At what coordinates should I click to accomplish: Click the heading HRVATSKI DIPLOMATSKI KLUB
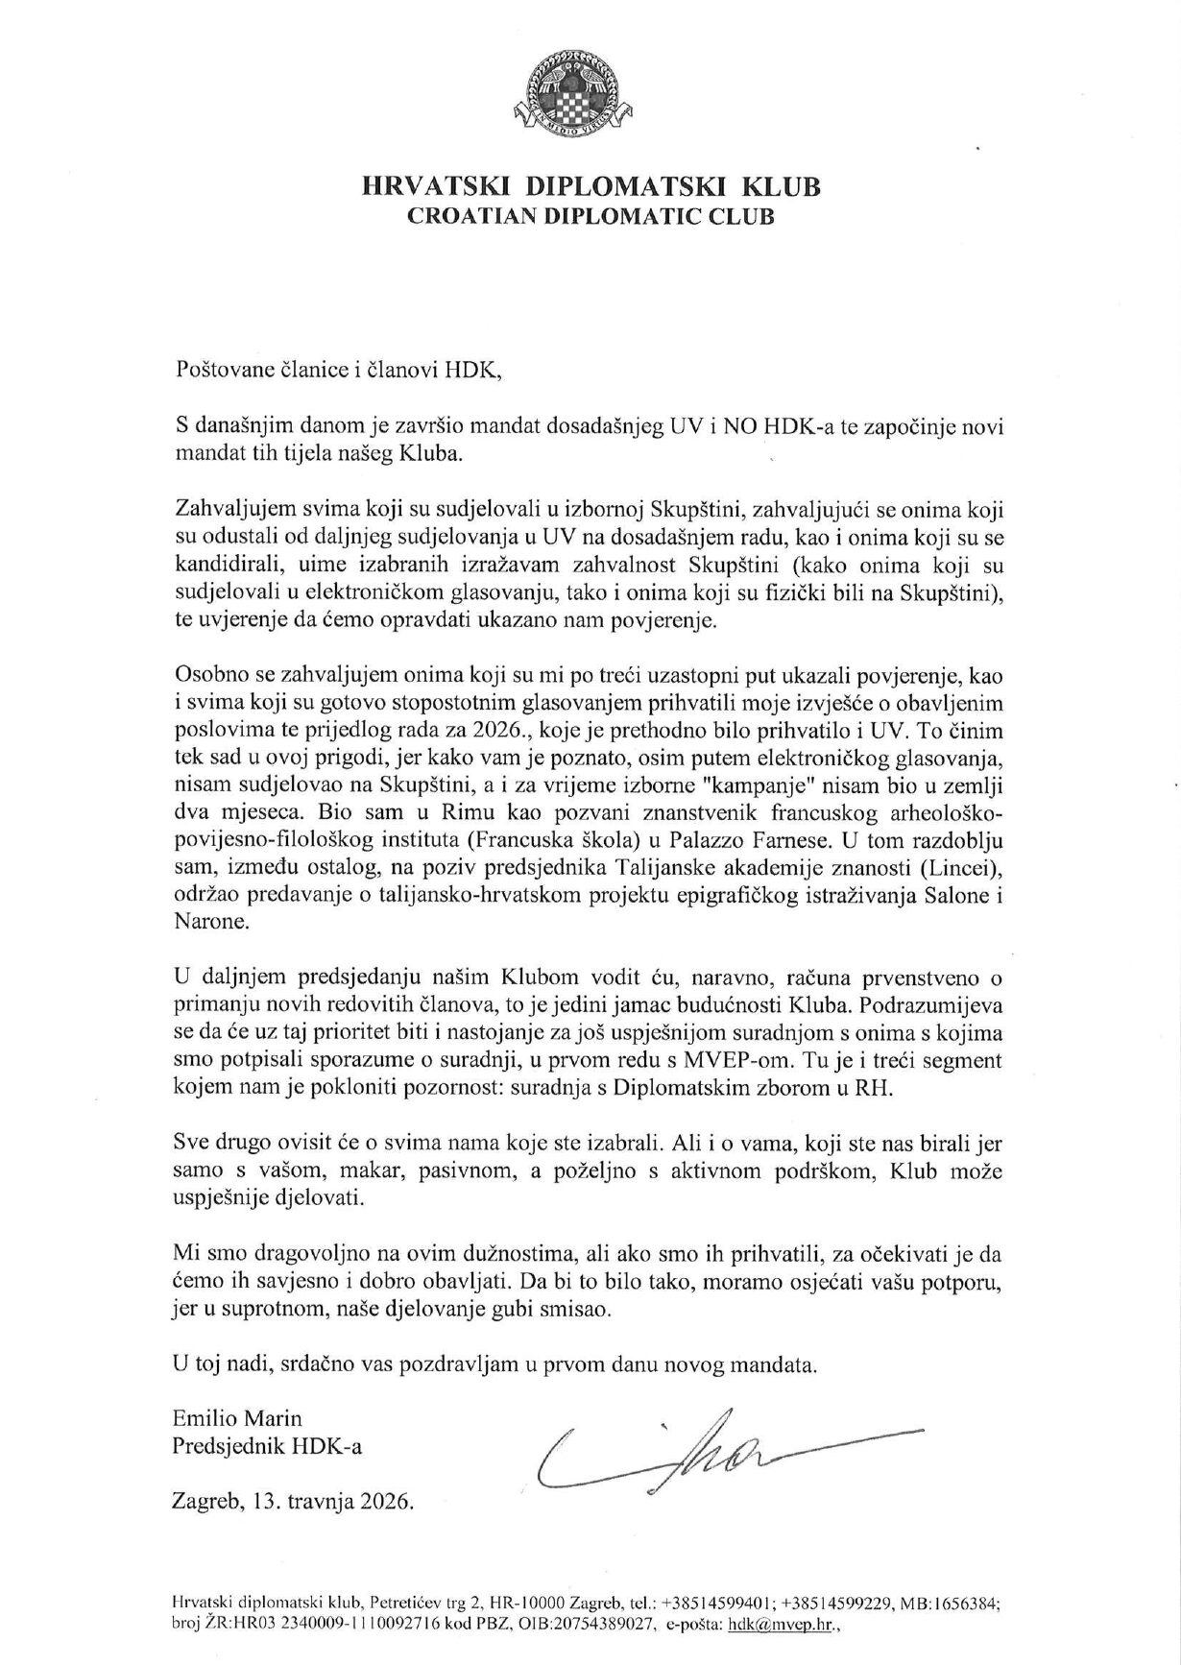pyautogui.click(x=590, y=186)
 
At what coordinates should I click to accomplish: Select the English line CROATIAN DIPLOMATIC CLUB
pyautogui.click(x=590, y=217)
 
